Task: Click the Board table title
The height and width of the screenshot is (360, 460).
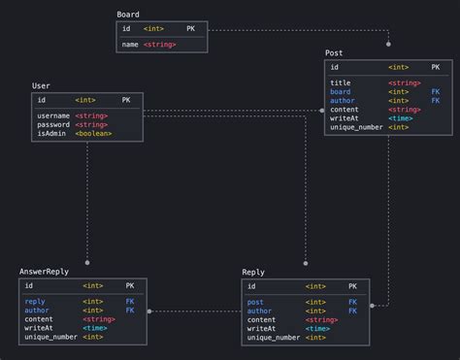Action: (127, 15)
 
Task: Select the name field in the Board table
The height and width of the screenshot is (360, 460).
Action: (129, 45)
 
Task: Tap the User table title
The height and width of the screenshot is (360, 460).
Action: (41, 86)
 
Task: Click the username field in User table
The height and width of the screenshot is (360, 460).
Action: (53, 116)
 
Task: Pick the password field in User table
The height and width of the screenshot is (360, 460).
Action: (53, 125)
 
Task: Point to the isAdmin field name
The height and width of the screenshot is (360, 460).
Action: (52, 134)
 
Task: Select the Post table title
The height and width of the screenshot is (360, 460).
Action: (333, 52)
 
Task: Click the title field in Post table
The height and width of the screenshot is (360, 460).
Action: (340, 82)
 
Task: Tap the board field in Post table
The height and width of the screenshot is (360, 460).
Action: (341, 91)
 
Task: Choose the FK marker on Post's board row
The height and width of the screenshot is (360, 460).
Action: (435, 91)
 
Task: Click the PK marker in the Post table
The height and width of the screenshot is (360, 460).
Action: (435, 67)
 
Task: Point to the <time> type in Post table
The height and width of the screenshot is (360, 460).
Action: (398, 118)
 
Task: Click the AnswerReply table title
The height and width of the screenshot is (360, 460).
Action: (45, 272)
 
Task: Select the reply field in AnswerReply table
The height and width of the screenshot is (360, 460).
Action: (35, 302)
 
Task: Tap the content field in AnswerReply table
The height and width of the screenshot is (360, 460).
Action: (39, 319)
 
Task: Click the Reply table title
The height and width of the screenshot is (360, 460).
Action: (253, 272)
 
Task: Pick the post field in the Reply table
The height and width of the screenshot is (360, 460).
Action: (255, 302)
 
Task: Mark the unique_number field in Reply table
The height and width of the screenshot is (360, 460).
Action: (274, 337)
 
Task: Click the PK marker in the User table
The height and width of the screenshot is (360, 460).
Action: (127, 100)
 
